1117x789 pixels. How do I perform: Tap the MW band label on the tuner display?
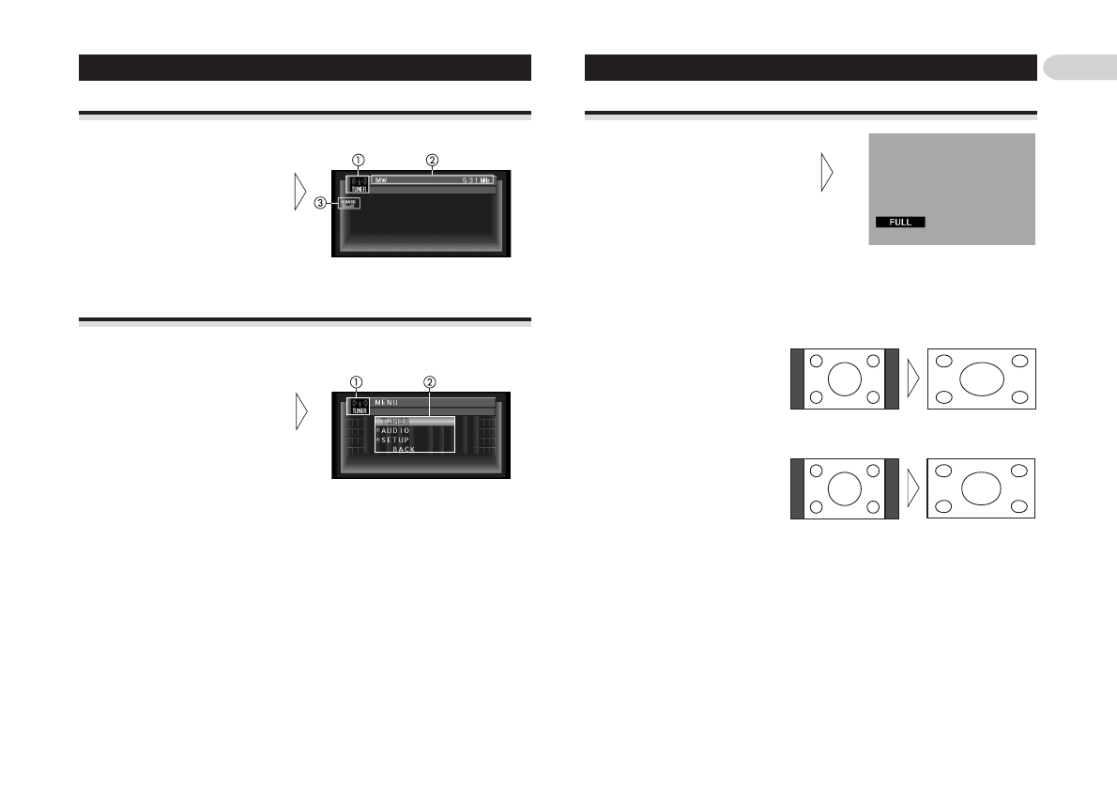[x=380, y=179]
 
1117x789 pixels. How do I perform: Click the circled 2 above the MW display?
[x=431, y=160]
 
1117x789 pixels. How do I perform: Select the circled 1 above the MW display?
[x=358, y=160]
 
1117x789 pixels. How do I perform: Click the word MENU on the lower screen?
[x=387, y=402]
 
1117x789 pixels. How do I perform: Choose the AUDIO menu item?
[x=396, y=430]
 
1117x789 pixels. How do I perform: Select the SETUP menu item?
[x=395, y=440]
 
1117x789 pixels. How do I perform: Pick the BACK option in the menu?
[x=404, y=449]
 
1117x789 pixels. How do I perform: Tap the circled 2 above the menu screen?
[x=429, y=382]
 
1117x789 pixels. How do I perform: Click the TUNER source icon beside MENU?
[x=359, y=406]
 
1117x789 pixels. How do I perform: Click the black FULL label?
[x=900, y=223]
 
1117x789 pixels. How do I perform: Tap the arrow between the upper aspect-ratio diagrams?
[x=913, y=379]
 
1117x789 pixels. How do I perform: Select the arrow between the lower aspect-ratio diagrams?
[x=913, y=488]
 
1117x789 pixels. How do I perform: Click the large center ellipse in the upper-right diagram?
[x=982, y=379]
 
